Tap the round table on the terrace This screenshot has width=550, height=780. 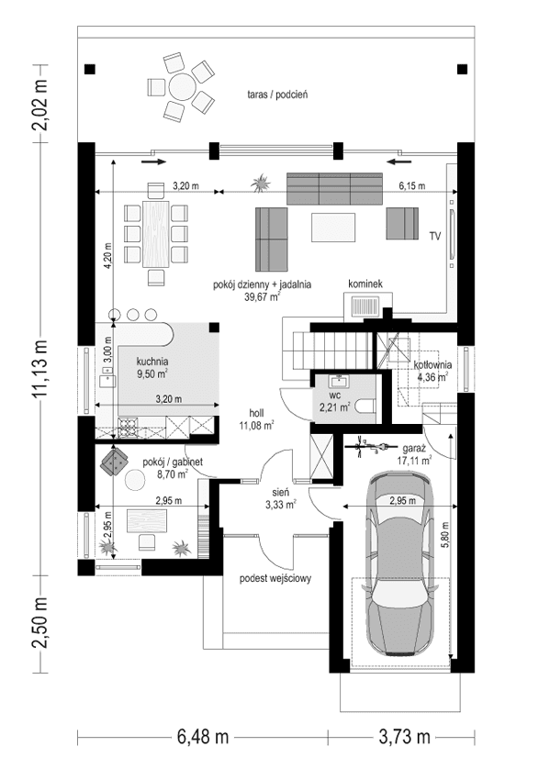coord(181,89)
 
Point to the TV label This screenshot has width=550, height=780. coord(434,236)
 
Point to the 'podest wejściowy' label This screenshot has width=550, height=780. coord(276,578)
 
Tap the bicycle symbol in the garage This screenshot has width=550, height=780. coord(367,443)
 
